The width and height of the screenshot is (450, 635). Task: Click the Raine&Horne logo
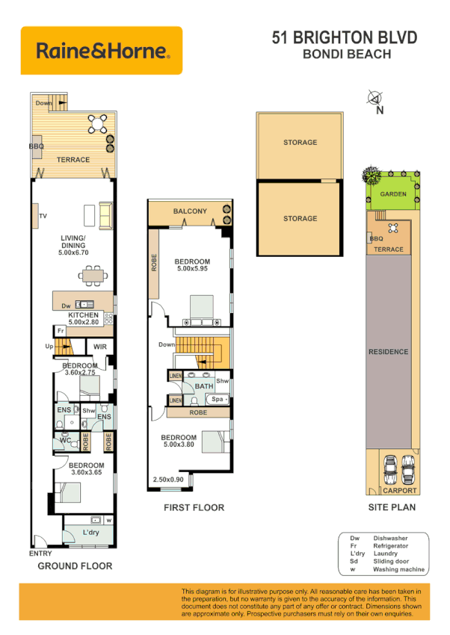pyautogui.click(x=102, y=50)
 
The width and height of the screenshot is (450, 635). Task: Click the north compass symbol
pyautogui.click(x=375, y=98)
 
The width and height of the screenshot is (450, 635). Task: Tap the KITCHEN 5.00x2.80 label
pyautogui.click(x=84, y=319)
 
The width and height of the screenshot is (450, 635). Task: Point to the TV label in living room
pyautogui.click(x=43, y=216)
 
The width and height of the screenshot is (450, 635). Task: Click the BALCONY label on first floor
pyautogui.click(x=190, y=211)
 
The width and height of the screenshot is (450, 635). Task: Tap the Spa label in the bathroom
pyautogui.click(x=218, y=400)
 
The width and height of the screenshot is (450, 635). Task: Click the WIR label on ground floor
pyautogui.click(x=99, y=347)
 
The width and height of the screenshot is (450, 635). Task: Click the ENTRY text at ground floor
pyautogui.click(x=40, y=554)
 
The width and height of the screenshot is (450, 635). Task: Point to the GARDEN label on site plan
pyautogui.click(x=393, y=193)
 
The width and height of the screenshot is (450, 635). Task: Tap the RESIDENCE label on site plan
pyautogui.click(x=389, y=351)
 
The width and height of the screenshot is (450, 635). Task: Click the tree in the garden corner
pyautogui.click(x=369, y=176)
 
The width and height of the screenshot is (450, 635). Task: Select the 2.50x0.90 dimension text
pyautogui.click(x=168, y=479)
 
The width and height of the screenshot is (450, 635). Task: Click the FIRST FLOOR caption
pyautogui.click(x=194, y=508)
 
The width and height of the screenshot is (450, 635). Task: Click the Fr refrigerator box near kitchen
pyautogui.click(x=60, y=331)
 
